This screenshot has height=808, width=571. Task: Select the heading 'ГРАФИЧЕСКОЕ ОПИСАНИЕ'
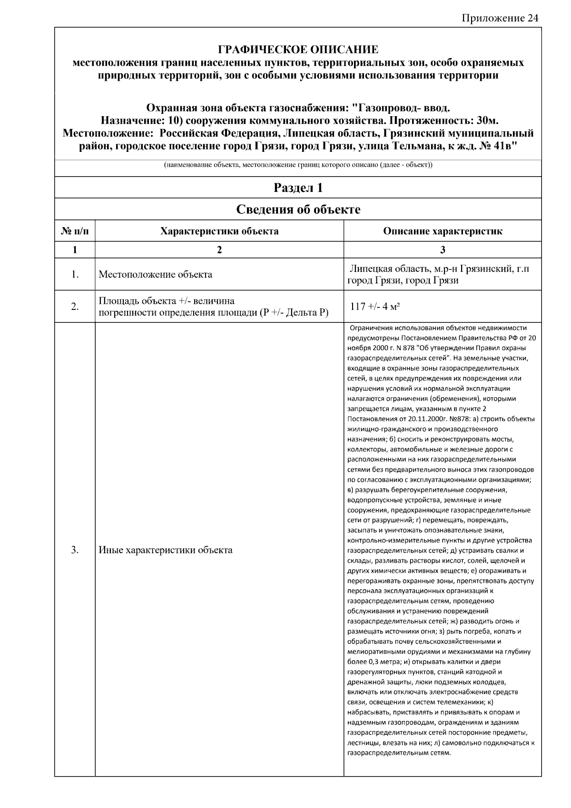point(298,50)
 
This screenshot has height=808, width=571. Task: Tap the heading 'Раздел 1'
point(298,188)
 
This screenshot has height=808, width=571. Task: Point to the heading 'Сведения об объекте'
point(298,209)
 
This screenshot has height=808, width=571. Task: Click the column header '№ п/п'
point(75,231)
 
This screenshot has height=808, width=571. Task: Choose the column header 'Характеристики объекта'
point(219,231)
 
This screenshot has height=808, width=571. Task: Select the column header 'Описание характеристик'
point(443,231)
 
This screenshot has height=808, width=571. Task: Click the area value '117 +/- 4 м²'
point(374,306)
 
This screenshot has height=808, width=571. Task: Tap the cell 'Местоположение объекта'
point(155,274)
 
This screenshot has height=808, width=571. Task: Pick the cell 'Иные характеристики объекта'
point(166,550)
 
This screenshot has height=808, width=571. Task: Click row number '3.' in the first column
point(75,550)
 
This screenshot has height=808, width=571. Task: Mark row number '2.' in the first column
point(75,306)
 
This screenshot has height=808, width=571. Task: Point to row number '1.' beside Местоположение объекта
point(75,274)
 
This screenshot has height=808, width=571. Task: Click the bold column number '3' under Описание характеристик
point(443,249)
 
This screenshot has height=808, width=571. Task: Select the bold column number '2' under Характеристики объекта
point(219,249)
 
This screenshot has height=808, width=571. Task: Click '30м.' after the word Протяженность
point(484,120)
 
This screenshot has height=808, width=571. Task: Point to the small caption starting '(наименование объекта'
point(298,165)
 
